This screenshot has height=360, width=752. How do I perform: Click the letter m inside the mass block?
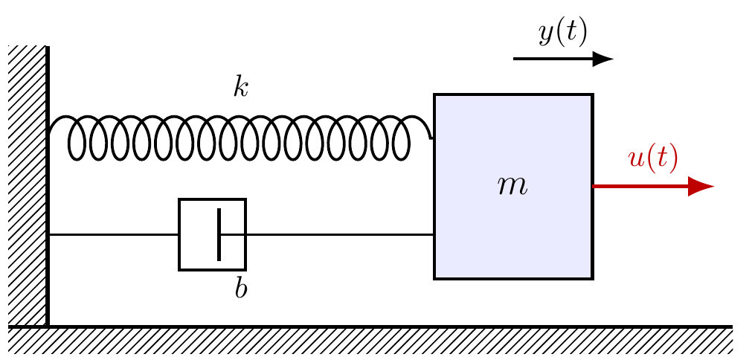[x=512, y=187]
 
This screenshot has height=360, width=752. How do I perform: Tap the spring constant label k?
[x=241, y=88]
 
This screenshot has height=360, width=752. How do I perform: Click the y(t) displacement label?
[x=563, y=33]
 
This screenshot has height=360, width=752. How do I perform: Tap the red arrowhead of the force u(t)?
[x=701, y=187]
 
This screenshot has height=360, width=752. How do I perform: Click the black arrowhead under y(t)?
[x=602, y=59]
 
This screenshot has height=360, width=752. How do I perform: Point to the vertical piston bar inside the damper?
[x=219, y=234]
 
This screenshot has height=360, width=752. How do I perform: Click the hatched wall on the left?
[x=28, y=186]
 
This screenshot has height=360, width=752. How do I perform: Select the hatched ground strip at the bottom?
[x=370, y=341]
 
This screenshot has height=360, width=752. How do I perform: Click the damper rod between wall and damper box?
[x=114, y=234]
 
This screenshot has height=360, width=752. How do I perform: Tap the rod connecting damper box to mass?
[x=340, y=234]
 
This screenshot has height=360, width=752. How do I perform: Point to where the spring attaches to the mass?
[x=434, y=138]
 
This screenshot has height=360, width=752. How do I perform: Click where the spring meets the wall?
[x=49, y=133]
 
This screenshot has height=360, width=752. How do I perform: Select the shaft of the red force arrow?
[x=641, y=187]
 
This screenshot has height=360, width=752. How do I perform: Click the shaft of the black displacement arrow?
[x=553, y=59]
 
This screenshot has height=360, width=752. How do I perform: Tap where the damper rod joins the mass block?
[x=434, y=234]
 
